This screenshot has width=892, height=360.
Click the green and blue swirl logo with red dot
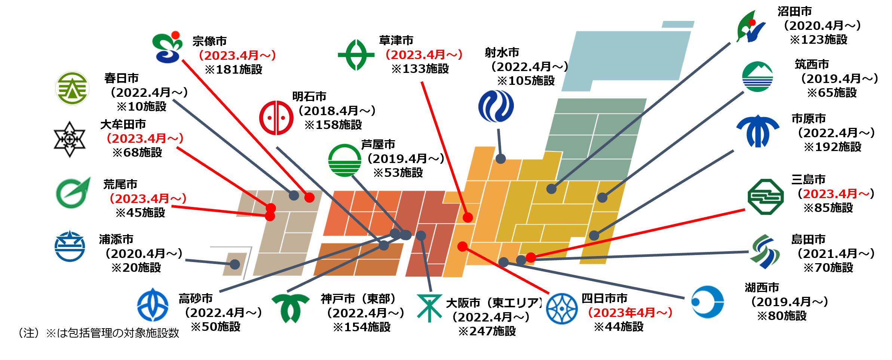pyautogui.click(x=168, y=47)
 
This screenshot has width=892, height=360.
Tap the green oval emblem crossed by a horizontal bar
pyautogui.click(x=356, y=55)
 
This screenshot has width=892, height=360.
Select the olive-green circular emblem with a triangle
pyautogui.click(x=72, y=88)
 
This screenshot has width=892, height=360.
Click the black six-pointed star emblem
pyautogui.click(x=70, y=139)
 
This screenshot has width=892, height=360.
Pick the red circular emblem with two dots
pyautogui.click(x=276, y=118)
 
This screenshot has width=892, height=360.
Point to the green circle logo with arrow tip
pyautogui.click(x=73, y=193)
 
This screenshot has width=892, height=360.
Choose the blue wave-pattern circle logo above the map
pyautogui.click(x=496, y=106)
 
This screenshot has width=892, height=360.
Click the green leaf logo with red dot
pyautogui.click(x=750, y=26)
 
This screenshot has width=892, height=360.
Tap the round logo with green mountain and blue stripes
pyautogui.click(x=758, y=77)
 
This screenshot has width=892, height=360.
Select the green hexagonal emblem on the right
pyautogui.click(x=765, y=198)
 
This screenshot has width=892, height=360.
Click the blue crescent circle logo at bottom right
pyautogui.click(x=707, y=302)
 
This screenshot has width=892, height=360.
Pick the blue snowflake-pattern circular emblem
pyautogui.click(x=561, y=309)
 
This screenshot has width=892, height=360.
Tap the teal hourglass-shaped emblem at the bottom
pyautogui.click(x=429, y=308)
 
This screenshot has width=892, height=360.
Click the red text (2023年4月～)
pyautogui.click(x=630, y=313)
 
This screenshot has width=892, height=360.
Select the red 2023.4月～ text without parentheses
pyautogui.click(x=836, y=194)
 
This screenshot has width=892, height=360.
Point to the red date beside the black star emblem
pyautogui.click(x=145, y=139)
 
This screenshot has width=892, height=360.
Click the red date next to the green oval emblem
pyautogui.click(x=424, y=55)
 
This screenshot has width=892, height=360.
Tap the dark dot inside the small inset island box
pyautogui.click(x=235, y=264)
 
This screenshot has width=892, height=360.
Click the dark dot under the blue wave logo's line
pyautogui.click(x=500, y=159)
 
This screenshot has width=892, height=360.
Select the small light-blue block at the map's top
pyautogui.click(x=678, y=25)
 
